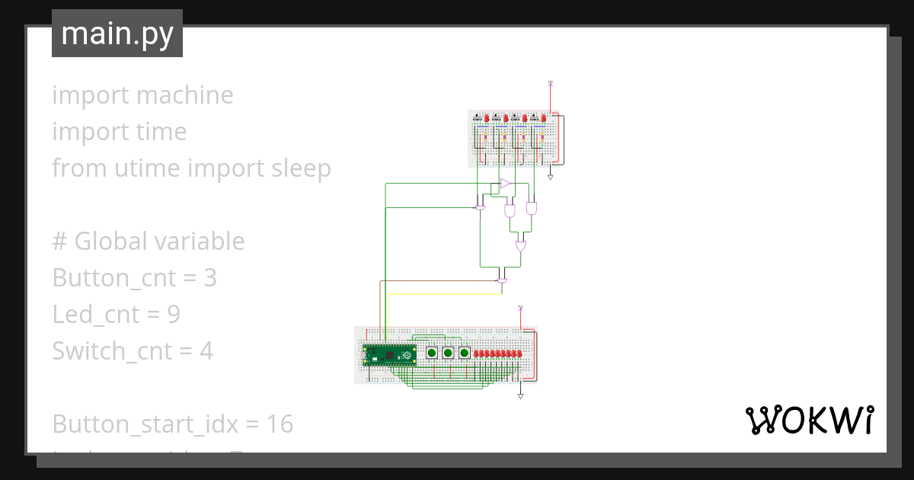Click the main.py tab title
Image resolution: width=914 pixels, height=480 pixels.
117,34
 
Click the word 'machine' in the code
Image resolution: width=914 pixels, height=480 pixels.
184,95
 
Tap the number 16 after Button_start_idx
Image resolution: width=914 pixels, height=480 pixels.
280,424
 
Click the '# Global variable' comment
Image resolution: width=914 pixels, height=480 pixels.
149,242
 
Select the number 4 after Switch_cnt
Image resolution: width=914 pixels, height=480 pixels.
206,351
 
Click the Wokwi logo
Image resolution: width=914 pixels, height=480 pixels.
809,420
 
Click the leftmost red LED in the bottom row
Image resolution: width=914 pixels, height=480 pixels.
477,354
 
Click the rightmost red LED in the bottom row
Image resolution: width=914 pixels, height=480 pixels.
519,354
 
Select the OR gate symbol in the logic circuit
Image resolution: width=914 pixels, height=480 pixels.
521,247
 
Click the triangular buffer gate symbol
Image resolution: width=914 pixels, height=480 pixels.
505,184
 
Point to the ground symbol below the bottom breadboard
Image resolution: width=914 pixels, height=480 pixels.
520,396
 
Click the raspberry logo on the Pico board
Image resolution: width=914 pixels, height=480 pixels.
408,354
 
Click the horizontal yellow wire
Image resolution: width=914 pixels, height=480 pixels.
442,294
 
